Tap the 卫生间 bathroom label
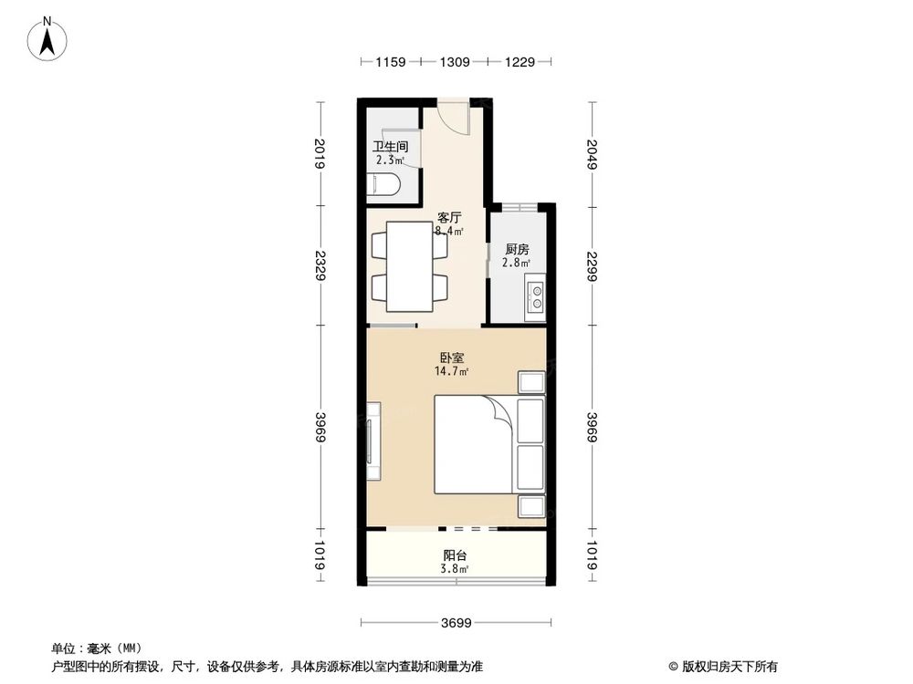[x=389, y=147]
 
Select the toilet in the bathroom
[x=388, y=187]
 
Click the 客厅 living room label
[x=449, y=218]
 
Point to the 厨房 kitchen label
[x=517, y=249]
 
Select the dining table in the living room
[x=411, y=266]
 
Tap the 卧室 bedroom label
[x=452, y=358]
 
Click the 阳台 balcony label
[x=456, y=555]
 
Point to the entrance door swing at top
[x=453, y=115]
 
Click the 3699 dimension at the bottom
[x=456, y=625]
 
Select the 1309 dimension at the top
[x=454, y=62]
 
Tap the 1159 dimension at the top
[x=390, y=62]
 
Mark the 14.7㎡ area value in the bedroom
[x=452, y=372]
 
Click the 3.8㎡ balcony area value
[x=456, y=569]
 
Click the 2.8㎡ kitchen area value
[x=517, y=264]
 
